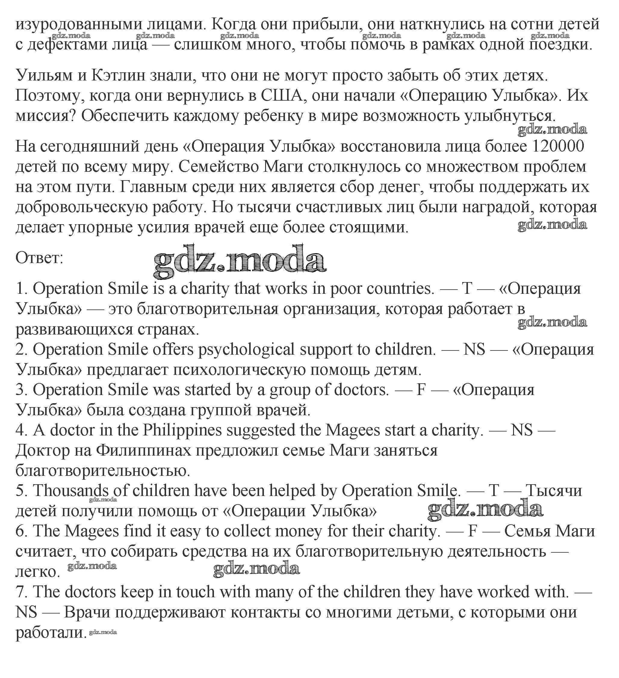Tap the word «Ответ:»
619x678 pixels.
(x=39, y=258)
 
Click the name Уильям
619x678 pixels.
(x=44, y=76)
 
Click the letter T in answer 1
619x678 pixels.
(x=467, y=289)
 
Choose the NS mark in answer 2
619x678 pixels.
(x=474, y=350)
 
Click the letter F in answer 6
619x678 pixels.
(x=472, y=531)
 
